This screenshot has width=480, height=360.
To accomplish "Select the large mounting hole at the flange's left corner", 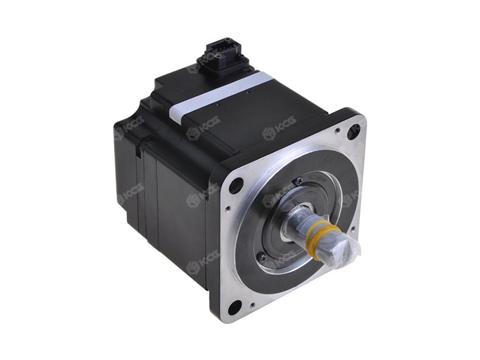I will (236, 185).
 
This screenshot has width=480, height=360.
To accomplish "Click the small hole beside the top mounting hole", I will (337, 129).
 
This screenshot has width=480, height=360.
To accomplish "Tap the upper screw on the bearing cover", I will (298, 181).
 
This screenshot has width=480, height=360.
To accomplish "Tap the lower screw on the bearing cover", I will (262, 256).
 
